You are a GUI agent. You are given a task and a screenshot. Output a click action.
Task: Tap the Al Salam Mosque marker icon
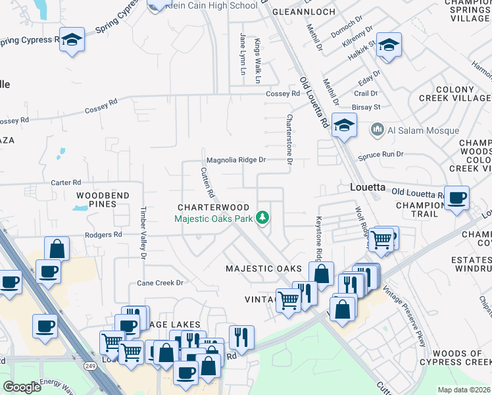click(377, 130)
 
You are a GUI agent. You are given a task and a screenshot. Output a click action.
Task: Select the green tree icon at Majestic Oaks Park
click(262, 218)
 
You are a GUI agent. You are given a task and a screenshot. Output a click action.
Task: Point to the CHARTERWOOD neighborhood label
click(212, 207)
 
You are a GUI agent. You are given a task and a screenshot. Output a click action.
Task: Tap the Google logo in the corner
click(22, 387)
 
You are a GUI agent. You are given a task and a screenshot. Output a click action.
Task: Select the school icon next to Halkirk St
click(389, 45)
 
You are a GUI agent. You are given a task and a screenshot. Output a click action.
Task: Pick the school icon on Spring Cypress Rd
click(71, 39)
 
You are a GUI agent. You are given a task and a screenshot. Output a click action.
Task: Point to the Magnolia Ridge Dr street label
click(235, 160)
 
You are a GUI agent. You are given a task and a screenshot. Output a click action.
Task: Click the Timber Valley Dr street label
click(142, 234)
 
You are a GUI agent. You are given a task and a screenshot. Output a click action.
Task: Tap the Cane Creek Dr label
click(159, 282)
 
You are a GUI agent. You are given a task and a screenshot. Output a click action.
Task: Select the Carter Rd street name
click(66, 182)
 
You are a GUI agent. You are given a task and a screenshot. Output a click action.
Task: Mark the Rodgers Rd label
click(104, 234)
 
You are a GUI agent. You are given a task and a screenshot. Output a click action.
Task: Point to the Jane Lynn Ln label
click(242, 54)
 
